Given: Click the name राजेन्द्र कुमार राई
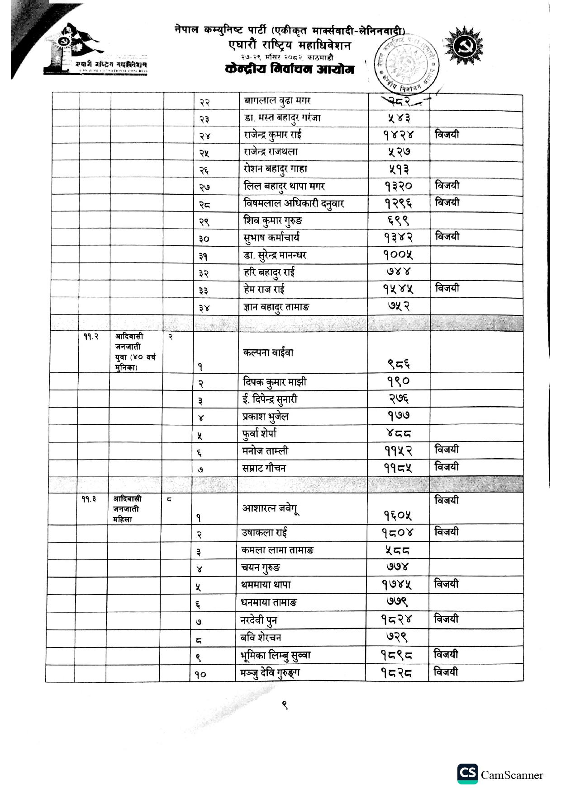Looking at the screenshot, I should tap(272, 135).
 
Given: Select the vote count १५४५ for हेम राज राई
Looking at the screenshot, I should tap(398, 289).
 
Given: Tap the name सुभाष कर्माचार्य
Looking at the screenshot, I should tap(271, 238).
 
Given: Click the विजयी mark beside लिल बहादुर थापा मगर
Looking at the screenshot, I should tap(447, 185).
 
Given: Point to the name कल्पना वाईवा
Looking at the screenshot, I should tap(268, 352).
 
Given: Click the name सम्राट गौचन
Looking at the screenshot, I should tap(264, 468).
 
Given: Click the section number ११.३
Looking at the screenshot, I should tap(89, 499).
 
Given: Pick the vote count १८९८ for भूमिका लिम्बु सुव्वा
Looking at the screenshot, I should tap(396, 655).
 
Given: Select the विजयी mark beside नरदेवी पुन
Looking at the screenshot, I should tap(446, 619).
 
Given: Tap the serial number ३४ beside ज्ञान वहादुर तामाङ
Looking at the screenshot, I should tap(204, 308).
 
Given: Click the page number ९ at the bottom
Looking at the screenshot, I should tap(285, 705).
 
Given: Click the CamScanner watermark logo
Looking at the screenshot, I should tap(467, 774).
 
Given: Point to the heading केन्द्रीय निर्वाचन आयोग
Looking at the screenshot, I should tap(290, 70).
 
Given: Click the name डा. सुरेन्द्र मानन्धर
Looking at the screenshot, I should tap(275, 255).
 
